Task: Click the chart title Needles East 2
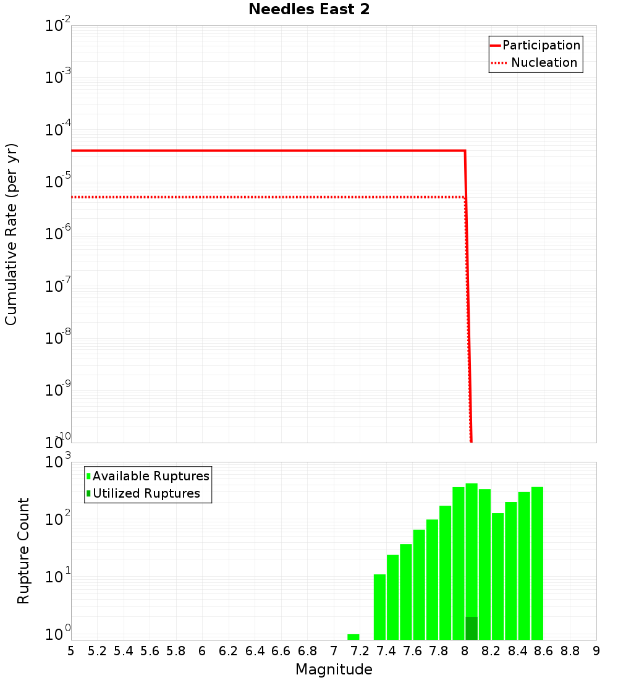tap(309, 10)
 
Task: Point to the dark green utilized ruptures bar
tap(472, 628)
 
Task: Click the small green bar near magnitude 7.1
tap(353, 637)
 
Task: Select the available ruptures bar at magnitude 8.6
tap(537, 563)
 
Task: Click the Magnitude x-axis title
tap(334, 669)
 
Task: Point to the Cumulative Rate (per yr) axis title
tap(11, 234)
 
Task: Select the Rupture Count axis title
tap(23, 551)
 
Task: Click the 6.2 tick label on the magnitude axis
tap(228, 651)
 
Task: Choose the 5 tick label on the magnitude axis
tap(71, 651)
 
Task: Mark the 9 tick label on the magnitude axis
tap(596, 651)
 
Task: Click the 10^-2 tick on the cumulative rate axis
tap(58, 26)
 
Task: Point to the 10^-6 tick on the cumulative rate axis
tap(58, 234)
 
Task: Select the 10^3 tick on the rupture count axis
tap(58, 462)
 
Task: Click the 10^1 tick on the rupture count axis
tap(58, 580)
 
